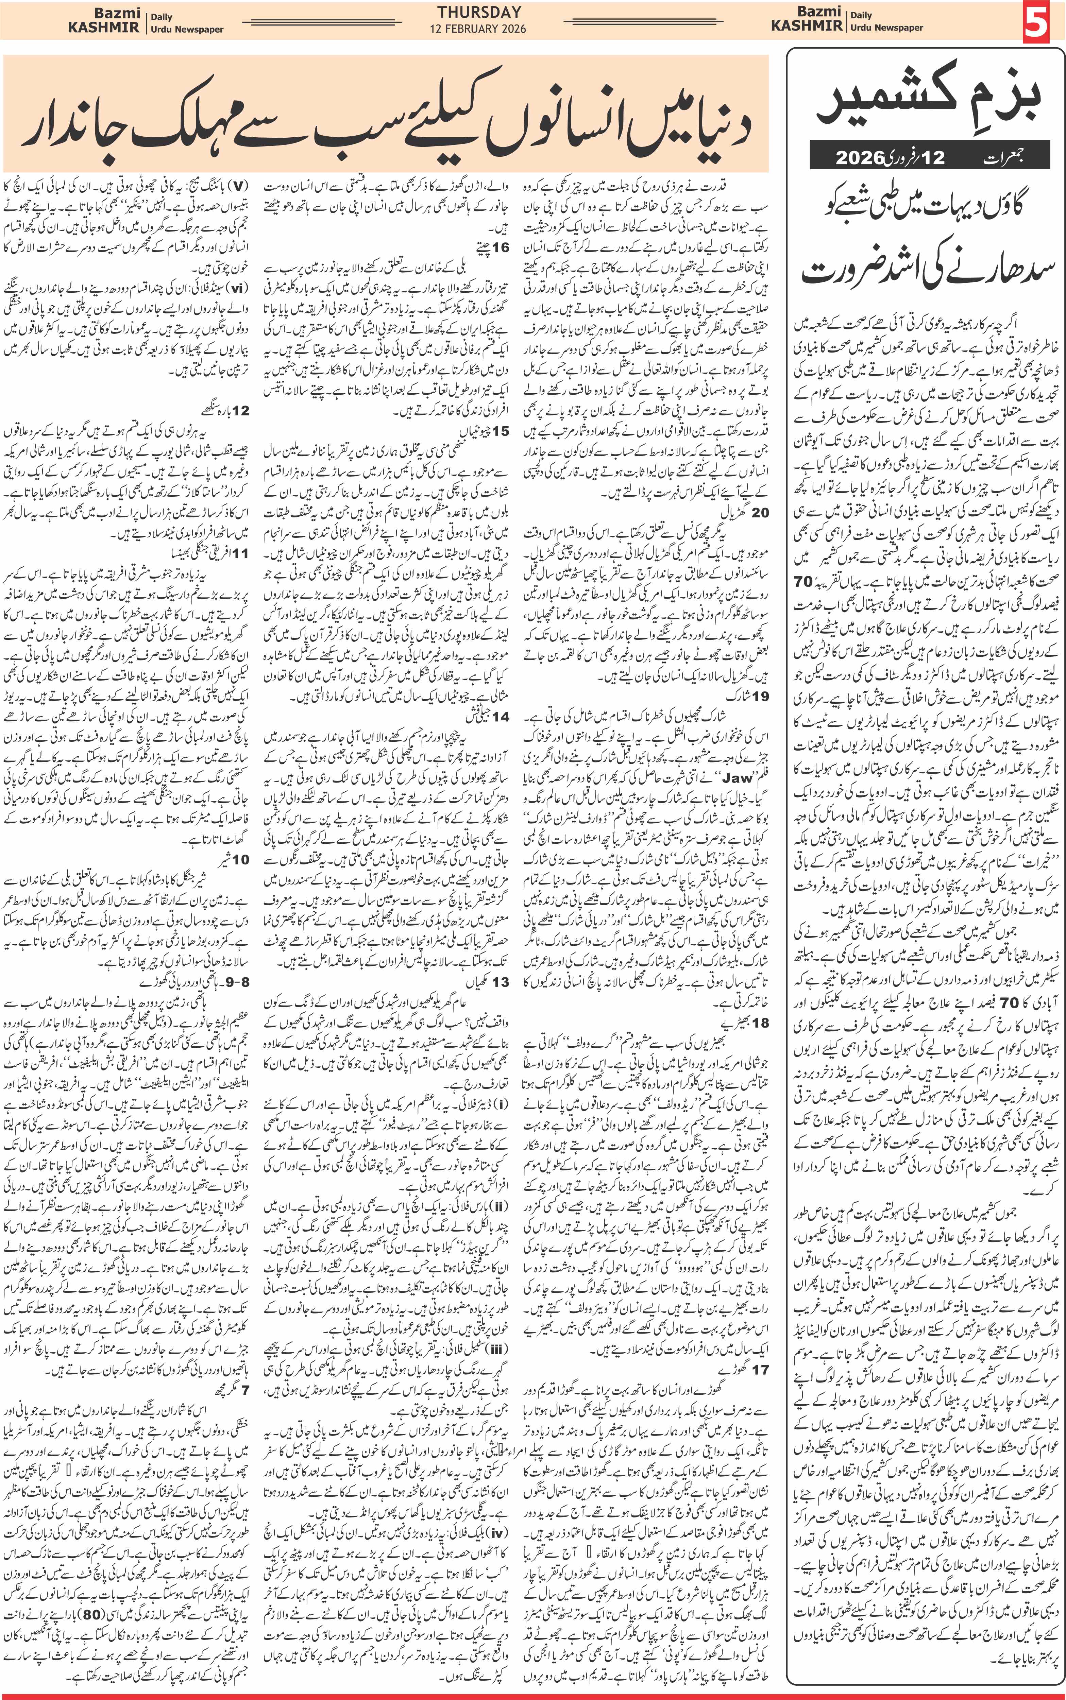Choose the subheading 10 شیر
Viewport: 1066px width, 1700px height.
click(x=233, y=859)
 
